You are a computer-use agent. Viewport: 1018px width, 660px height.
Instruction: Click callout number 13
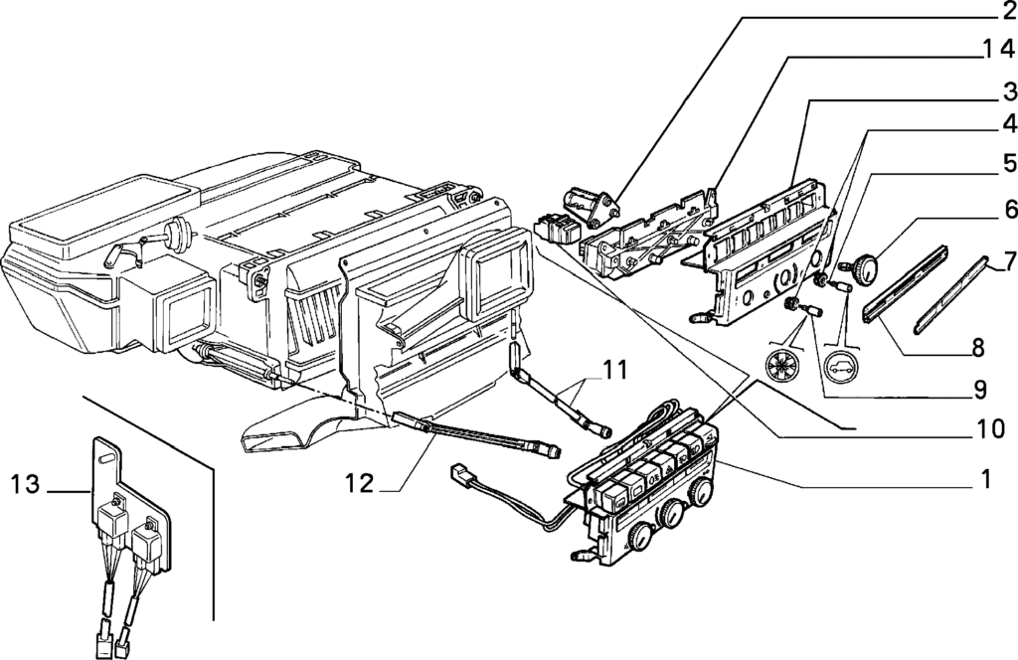(x=28, y=486)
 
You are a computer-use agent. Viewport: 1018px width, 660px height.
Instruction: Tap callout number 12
(x=359, y=484)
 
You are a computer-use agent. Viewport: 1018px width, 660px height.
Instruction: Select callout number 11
(x=614, y=372)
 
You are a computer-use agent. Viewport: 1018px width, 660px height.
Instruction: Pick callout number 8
(x=978, y=348)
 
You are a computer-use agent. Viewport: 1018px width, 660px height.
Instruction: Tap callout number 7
(x=1008, y=262)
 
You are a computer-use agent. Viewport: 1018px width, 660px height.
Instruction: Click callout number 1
(x=985, y=479)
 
